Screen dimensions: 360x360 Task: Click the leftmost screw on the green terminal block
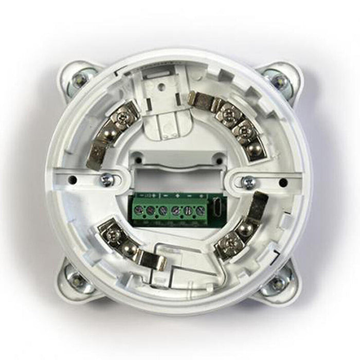pyautogui.click(x=139, y=210)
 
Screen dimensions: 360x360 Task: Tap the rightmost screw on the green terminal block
pyautogui.click(x=200, y=210)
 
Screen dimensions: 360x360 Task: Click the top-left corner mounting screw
pyautogui.click(x=79, y=79)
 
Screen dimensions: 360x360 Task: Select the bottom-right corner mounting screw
pyautogui.click(x=278, y=282)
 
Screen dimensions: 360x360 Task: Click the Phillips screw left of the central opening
pyautogui.click(x=107, y=179)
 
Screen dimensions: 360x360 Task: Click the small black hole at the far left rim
pyautogui.click(x=73, y=179)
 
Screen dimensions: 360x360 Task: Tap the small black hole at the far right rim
pyautogui.click(x=282, y=182)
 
